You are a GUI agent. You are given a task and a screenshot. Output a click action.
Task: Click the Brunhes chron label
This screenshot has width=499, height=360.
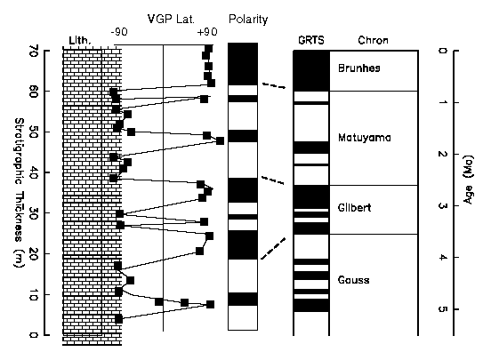[359, 68]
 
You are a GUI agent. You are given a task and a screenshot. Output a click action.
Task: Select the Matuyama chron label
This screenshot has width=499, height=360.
[365, 138]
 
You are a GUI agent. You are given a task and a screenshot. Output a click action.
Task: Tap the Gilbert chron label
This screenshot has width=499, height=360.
[355, 208]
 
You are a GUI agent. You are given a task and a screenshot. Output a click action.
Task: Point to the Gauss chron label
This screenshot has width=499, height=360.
[353, 280]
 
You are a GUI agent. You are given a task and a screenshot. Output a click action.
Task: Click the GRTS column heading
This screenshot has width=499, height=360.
[311, 40]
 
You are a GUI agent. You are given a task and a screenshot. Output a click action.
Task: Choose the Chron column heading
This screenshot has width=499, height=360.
[373, 40]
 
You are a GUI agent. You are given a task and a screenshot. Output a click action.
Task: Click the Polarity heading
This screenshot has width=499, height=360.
[248, 20]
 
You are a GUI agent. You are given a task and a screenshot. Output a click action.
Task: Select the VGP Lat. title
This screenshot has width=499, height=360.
[171, 19]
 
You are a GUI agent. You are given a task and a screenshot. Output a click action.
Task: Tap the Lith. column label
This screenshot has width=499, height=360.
[80, 40]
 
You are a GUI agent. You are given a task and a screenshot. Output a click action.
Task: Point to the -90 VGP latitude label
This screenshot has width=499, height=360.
[119, 32]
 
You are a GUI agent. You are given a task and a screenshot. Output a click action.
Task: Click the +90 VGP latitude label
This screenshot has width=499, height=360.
[207, 32]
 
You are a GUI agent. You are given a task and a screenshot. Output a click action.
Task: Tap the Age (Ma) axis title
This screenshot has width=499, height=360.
[468, 180]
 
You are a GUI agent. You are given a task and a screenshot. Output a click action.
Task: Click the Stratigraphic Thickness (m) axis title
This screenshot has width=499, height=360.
[19, 193]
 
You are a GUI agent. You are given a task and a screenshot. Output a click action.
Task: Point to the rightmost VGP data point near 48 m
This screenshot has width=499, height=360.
[220, 140]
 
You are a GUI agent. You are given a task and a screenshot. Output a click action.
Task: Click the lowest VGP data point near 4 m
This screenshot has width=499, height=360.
[118, 318]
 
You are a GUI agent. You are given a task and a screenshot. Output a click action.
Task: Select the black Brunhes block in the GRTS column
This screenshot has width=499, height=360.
[311, 70]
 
